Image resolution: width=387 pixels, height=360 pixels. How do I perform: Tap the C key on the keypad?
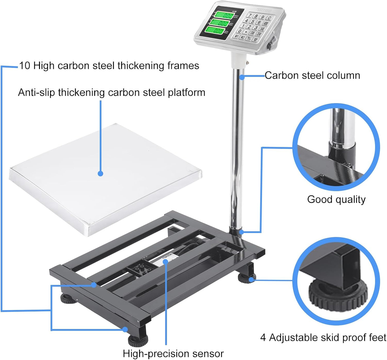point(269,18)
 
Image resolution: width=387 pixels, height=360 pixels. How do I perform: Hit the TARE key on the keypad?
point(262,29)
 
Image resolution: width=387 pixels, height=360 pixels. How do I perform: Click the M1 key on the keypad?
point(237,36)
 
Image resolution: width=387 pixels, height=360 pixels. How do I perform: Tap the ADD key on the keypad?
point(266,23)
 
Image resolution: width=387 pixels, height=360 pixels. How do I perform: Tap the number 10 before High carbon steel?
point(25,66)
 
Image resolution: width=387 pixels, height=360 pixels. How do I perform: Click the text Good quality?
point(336,199)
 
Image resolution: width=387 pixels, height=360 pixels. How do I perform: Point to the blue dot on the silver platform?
point(100,174)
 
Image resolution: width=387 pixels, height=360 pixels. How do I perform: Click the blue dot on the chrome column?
point(242,77)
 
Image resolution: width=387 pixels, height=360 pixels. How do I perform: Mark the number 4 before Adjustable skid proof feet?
point(263,338)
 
